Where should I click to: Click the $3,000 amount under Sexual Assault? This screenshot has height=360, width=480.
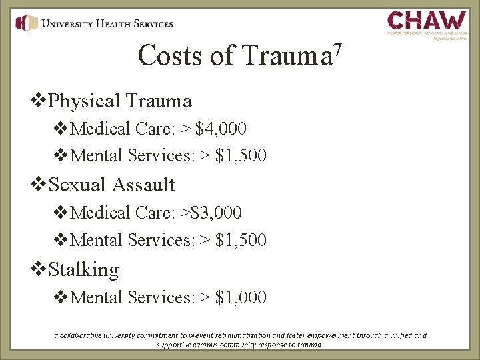pyautogui.click(x=216, y=213)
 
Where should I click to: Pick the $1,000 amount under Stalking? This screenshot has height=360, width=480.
pyautogui.click(x=241, y=297)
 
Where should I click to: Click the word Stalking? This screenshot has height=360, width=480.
pyautogui.click(x=84, y=269)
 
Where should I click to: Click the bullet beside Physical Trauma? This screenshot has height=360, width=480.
pyautogui.click(x=40, y=101)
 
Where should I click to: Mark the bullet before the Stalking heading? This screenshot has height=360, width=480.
pyautogui.click(x=40, y=269)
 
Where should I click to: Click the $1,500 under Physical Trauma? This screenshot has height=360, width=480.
pyautogui.click(x=241, y=155)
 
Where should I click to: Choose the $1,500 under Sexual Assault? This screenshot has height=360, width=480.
pyautogui.click(x=241, y=240)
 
